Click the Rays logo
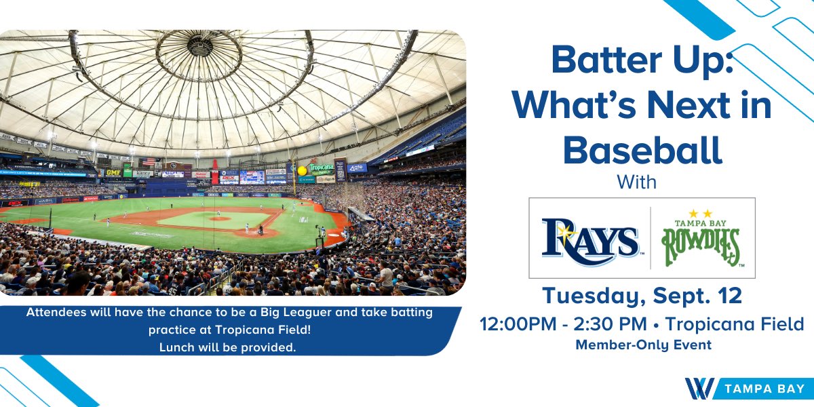pyautogui.click(x=589, y=239)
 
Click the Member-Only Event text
pyautogui.click(x=643, y=345)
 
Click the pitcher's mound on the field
pyautogui.click(x=218, y=219)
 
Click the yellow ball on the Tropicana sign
pyautogui.click(x=301, y=170)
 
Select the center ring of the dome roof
pyautogui.click(x=199, y=46)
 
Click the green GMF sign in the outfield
pyautogui.click(x=113, y=172)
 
